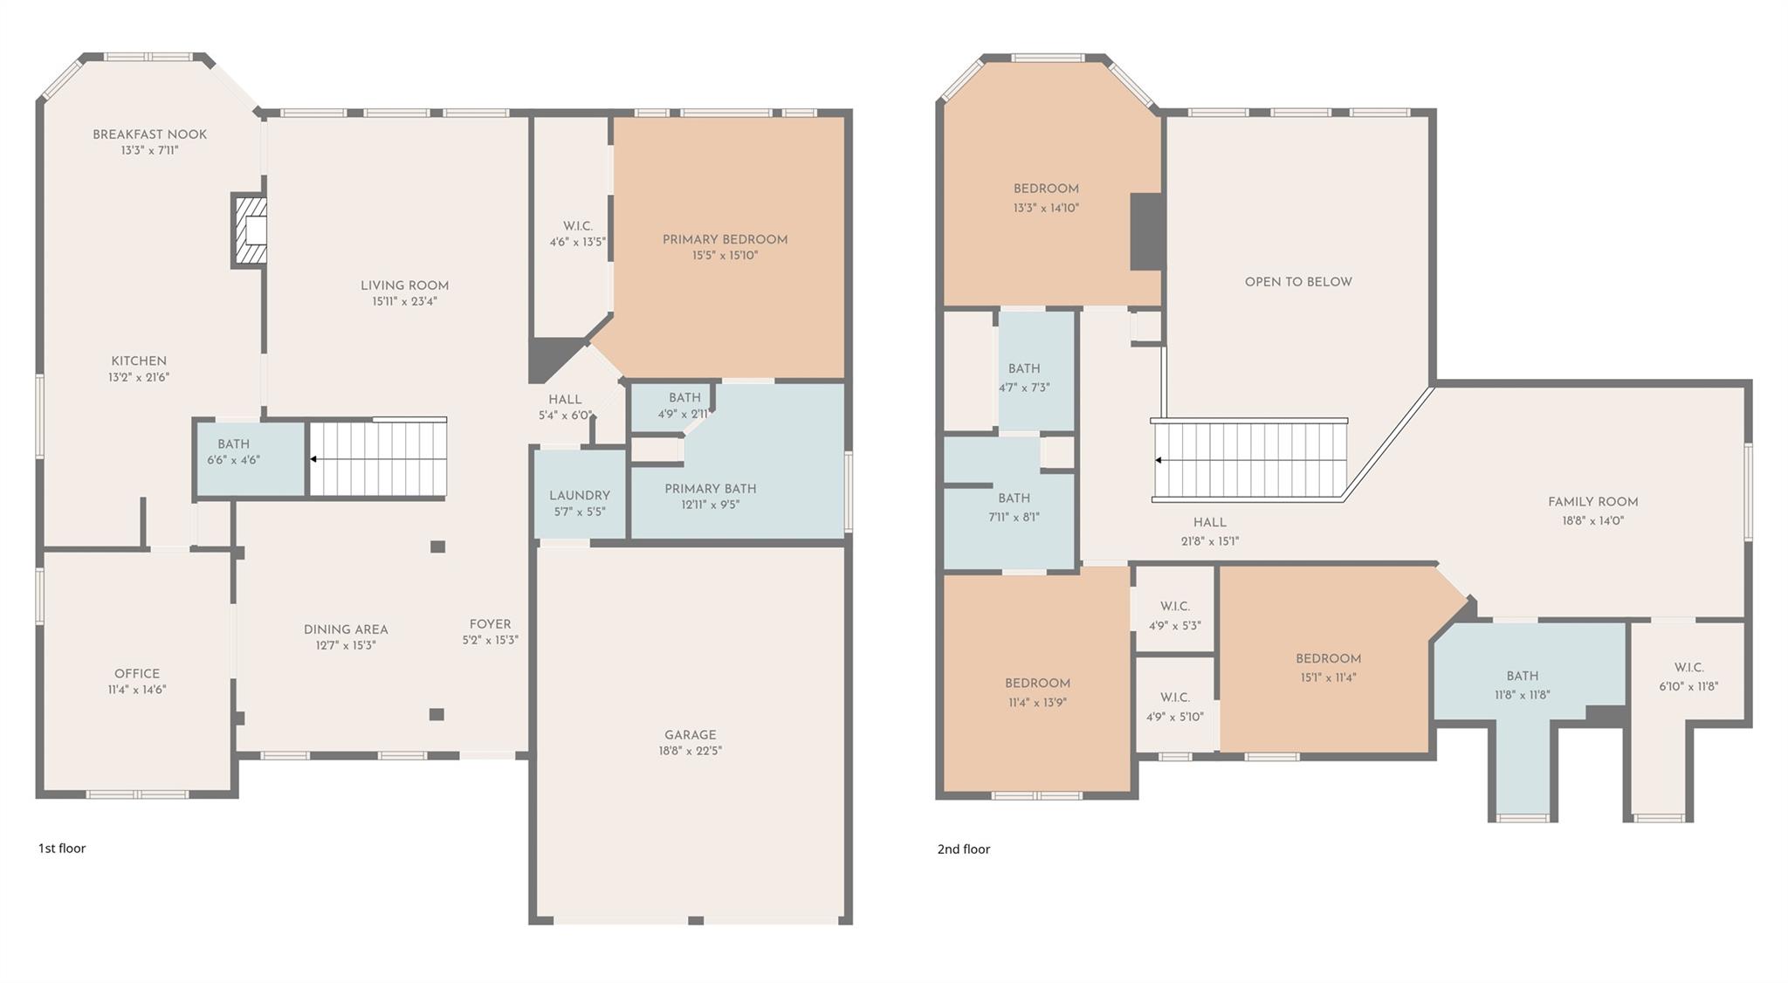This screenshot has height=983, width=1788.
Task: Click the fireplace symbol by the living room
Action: tap(249, 230)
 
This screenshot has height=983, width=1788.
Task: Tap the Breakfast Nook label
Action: tap(150, 134)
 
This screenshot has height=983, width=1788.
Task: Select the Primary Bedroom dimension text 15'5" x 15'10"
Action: tap(726, 256)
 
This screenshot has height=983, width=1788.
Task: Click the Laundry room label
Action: tap(580, 496)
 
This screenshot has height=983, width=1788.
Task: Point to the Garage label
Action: tap(691, 735)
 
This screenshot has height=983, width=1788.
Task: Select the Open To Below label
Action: tap(1298, 282)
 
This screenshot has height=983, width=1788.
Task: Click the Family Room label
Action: tap(1593, 502)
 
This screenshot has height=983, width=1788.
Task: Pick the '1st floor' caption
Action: tap(62, 848)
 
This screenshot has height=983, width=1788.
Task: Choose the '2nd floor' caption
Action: tap(964, 849)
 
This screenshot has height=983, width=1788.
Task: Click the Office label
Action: tap(137, 674)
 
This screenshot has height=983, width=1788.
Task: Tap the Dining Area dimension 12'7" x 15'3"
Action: tap(346, 646)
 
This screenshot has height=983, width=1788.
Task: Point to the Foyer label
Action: tap(491, 624)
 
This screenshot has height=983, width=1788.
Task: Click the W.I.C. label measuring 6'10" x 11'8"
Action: tap(1689, 668)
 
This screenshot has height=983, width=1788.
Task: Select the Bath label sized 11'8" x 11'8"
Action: tap(1523, 677)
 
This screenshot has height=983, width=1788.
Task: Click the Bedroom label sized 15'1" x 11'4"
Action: tap(1329, 659)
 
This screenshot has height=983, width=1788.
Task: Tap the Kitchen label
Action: tap(139, 361)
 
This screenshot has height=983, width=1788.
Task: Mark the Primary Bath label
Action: tap(711, 489)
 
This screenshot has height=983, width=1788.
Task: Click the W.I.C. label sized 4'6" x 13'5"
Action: tap(578, 226)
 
